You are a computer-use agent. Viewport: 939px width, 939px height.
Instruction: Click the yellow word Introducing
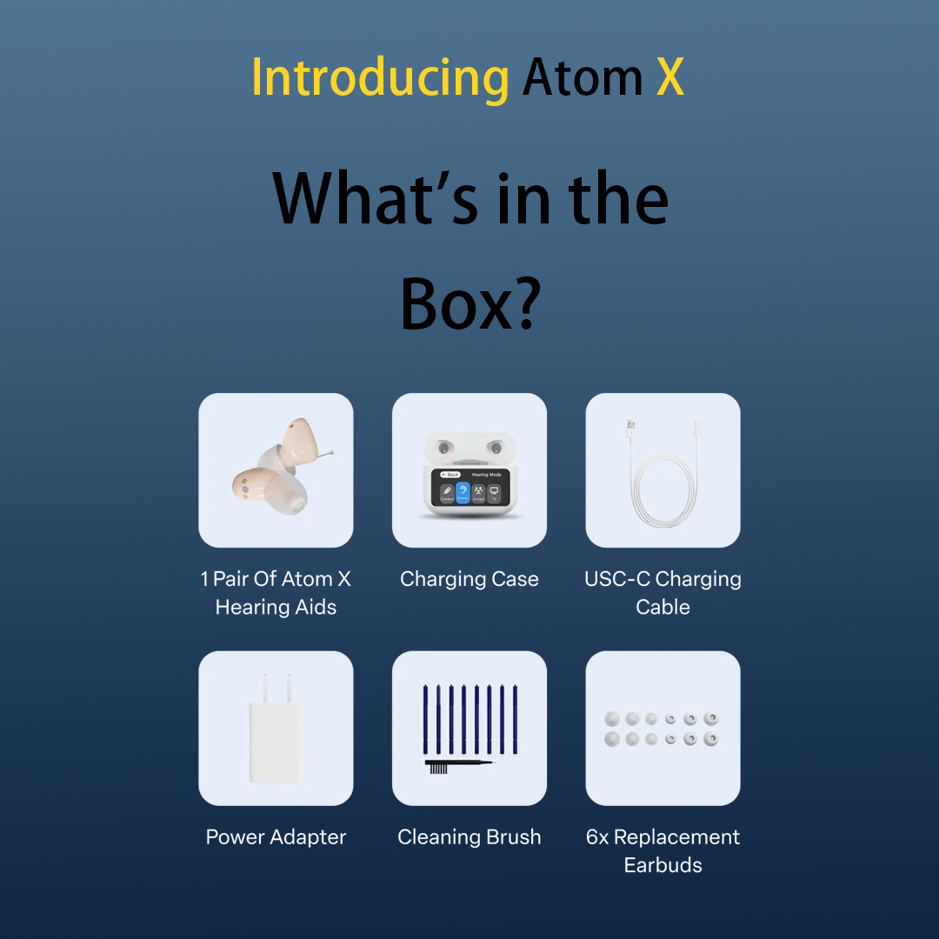380,78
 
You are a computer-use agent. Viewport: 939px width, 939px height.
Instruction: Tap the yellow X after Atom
670,78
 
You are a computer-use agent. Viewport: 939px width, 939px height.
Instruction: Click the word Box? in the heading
470,303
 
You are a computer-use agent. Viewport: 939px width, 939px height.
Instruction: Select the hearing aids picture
276,469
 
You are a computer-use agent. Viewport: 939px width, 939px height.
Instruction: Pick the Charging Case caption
469,579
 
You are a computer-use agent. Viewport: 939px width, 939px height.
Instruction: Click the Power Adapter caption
276,837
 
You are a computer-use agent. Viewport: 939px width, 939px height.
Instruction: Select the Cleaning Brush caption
469,837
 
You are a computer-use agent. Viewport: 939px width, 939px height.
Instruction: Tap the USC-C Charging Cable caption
663,593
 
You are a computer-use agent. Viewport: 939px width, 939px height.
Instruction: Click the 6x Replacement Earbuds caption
663,851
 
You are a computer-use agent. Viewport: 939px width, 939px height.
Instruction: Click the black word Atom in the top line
583,78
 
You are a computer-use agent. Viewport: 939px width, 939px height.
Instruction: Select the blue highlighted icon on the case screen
463,493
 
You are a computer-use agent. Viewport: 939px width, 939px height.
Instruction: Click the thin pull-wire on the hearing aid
327,453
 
